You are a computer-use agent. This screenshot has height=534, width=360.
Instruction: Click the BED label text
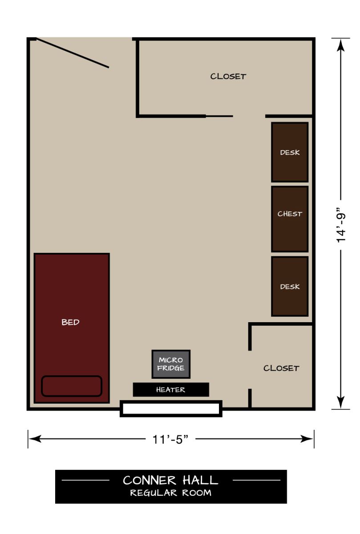pyautogui.click(x=70, y=322)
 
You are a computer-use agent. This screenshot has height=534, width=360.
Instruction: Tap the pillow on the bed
pyautogui.click(x=72, y=386)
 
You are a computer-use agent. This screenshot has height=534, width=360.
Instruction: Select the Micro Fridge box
pyautogui.click(x=171, y=364)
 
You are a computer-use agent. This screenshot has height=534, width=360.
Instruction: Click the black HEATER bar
pyautogui.click(x=171, y=389)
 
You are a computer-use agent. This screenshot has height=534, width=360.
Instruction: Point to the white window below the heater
pyautogui.click(x=171, y=409)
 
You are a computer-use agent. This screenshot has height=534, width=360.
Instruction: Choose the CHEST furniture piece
pyautogui.click(x=290, y=219)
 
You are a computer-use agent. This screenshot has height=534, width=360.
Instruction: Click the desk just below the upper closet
pyautogui.click(x=290, y=152)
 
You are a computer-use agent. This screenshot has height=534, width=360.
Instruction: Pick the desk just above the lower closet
pyautogui.click(x=290, y=287)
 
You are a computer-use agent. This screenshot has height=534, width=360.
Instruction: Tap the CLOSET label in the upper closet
pyautogui.click(x=228, y=76)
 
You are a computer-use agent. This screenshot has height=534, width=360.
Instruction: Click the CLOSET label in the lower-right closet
pyautogui.click(x=281, y=368)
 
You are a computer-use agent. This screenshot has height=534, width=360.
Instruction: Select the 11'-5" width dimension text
pyautogui.click(x=171, y=439)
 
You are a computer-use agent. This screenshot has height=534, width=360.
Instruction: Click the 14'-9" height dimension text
pyautogui.click(x=341, y=224)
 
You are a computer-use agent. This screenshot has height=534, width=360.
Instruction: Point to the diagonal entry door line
pyautogui.click(x=72, y=53)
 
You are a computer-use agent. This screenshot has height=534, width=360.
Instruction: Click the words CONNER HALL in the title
pyautogui.click(x=171, y=480)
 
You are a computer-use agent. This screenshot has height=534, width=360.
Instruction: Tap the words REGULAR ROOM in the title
pyautogui.click(x=171, y=493)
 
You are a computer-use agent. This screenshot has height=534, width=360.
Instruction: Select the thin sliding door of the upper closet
pyautogui.click(x=219, y=116)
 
